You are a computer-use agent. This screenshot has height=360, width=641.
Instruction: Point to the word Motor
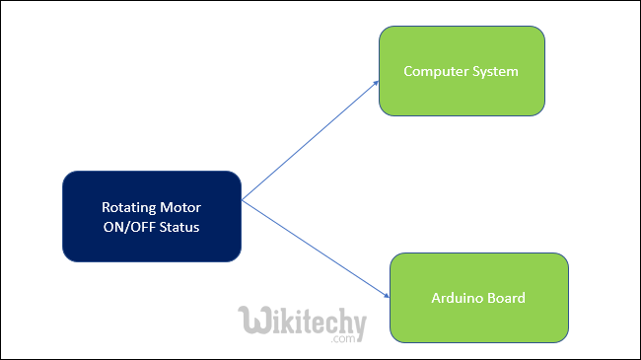coord(178,208)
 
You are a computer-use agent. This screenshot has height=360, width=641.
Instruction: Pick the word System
coord(496,72)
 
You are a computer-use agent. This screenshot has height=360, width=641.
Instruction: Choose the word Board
coord(506,298)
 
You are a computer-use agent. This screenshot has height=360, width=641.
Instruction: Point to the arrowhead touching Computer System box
coord(377,84)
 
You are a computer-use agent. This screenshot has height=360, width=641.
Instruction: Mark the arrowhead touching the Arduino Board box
coord(386,295)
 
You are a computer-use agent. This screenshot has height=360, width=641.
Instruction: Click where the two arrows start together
coord(243,200)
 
